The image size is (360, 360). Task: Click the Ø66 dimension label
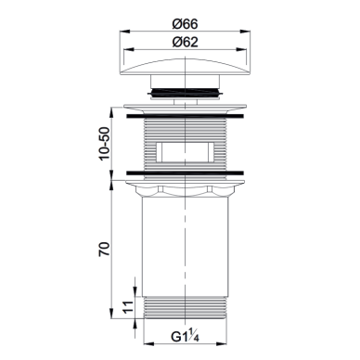185,24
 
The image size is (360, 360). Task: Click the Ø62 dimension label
185,42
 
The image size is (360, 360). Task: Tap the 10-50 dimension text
105,144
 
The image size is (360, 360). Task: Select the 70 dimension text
105,249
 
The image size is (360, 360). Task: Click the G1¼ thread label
185,336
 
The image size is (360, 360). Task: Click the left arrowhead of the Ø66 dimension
124,31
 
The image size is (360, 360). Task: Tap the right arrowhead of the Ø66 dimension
245,31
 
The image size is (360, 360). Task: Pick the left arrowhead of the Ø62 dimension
128,49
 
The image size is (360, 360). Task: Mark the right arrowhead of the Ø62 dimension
241,49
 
